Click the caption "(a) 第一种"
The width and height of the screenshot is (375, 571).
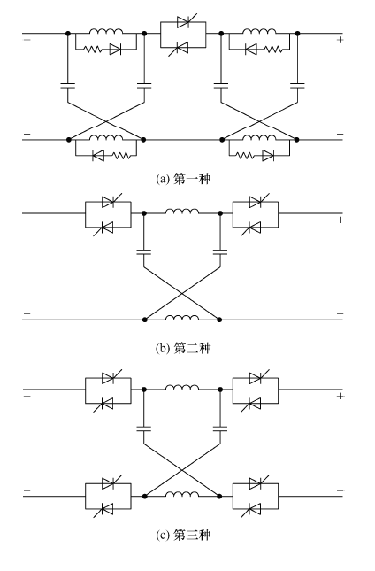(x=183, y=179)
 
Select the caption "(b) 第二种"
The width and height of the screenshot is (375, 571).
(x=183, y=349)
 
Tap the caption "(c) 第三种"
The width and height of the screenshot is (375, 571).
(x=183, y=535)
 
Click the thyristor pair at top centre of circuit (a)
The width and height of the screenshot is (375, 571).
(x=183, y=35)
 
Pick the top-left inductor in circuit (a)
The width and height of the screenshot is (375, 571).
(x=106, y=31)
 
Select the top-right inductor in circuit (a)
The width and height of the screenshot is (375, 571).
(x=259, y=31)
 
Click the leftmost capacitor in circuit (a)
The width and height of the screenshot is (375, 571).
(x=67, y=86)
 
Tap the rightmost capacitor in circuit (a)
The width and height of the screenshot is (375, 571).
(x=297, y=86)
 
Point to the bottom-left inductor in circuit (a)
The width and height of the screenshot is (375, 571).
(x=106, y=137)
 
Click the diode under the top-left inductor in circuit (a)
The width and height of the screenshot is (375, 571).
(x=115, y=50)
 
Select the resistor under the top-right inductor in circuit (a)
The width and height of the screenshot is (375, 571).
(x=273, y=50)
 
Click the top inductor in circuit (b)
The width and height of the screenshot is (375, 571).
(x=182, y=211)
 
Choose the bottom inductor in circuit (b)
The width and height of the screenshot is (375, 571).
(x=182, y=317)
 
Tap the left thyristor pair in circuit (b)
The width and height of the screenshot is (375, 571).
(x=108, y=214)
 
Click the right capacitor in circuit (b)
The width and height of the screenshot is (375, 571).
(x=220, y=251)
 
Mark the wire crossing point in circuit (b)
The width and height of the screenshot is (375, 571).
(x=182, y=294)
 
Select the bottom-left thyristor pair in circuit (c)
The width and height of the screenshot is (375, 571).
(x=108, y=496)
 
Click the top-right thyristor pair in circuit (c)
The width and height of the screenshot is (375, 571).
(x=256, y=390)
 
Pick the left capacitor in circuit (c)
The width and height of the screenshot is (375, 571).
(x=143, y=428)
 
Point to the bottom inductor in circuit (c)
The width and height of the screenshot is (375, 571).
(x=182, y=493)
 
